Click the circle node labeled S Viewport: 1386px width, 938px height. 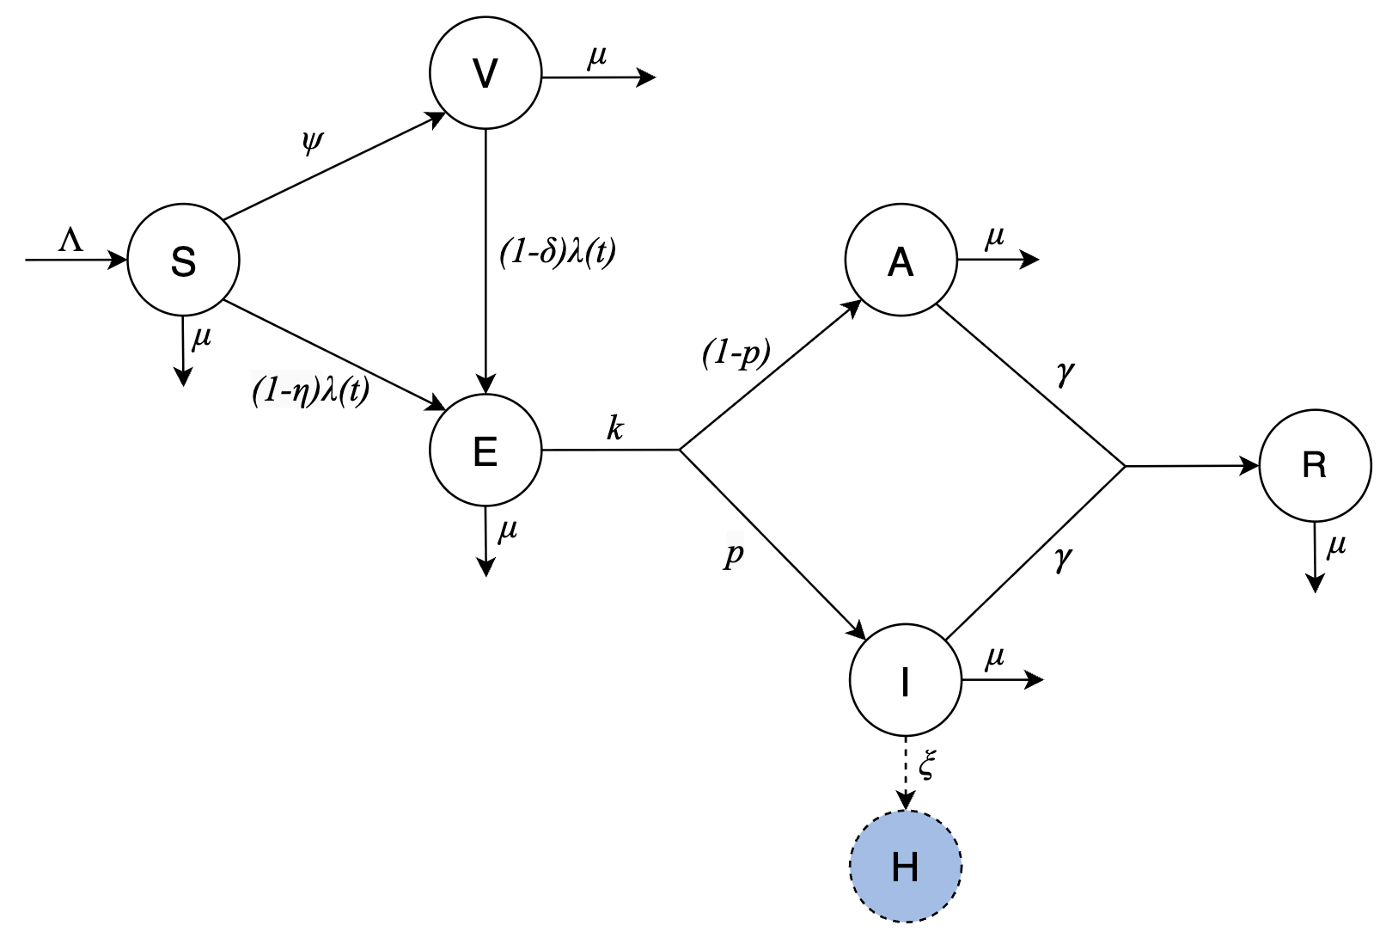[x=183, y=260]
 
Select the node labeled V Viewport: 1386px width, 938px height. [x=485, y=74]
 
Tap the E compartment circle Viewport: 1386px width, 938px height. [x=485, y=450]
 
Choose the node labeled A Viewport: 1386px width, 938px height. [x=901, y=260]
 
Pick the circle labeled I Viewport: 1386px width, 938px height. [x=905, y=680]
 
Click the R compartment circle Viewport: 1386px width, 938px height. [x=1315, y=465]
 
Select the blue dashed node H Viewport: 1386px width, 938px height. [x=905, y=867]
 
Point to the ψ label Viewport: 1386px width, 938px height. [x=312, y=140]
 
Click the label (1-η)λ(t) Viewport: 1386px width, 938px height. [x=310, y=391]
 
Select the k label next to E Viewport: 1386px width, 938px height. [x=614, y=427]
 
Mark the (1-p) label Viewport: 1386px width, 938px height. [x=736, y=353]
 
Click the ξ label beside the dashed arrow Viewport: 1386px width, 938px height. [x=925, y=765]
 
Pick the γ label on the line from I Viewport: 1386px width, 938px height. [x=1063, y=559]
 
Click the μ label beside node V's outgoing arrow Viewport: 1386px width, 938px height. [x=596, y=57]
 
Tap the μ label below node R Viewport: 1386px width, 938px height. [x=1335, y=545]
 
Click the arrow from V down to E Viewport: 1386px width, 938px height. [x=486, y=258]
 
